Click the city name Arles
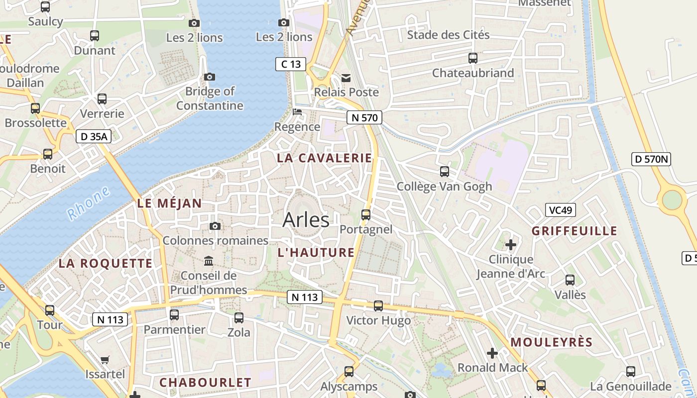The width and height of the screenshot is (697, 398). (306, 219)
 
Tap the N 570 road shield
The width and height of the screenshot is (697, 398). (364, 117)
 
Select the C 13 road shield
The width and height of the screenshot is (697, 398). (291, 64)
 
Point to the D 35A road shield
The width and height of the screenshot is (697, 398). (93, 136)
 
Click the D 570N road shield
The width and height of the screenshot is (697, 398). (651, 159)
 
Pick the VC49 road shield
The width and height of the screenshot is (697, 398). (560, 210)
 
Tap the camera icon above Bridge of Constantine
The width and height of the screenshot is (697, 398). (210, 77)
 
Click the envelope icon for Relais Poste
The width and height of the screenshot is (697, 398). (346, 78)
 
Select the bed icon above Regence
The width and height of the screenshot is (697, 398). (297, 112)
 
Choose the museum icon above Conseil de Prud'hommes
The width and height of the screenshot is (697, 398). (209, 261)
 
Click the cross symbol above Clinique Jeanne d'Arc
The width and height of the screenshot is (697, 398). (510, 245)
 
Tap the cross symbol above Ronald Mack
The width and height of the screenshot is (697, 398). (492, 353)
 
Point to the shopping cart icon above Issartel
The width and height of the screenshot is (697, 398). (105, 359)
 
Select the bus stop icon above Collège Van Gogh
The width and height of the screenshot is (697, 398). (444, 172)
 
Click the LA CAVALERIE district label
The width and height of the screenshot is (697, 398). (325, 158)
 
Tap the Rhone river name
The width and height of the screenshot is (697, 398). (88, 203)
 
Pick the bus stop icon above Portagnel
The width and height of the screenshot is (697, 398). (366, 215)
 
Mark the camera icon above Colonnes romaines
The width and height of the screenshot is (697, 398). (215, 226)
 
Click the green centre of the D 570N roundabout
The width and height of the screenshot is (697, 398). (672, 200)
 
